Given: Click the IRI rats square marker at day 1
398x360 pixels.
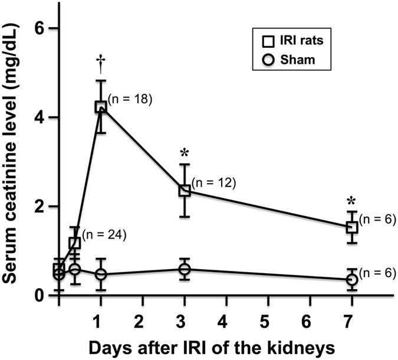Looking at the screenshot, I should click(x=101, y=107).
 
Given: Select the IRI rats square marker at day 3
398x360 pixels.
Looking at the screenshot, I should click(x=185, y=190).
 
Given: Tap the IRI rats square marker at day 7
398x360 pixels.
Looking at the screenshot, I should click(x=352, y=227).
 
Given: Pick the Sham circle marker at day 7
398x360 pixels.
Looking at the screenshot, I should click(x=352, y=280).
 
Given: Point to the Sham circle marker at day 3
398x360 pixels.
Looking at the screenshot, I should click(x=185, y=270).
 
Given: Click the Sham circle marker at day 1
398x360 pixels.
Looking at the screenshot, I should click(x=101, y=274).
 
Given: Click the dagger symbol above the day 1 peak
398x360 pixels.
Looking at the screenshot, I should click(x=101, y=62).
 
